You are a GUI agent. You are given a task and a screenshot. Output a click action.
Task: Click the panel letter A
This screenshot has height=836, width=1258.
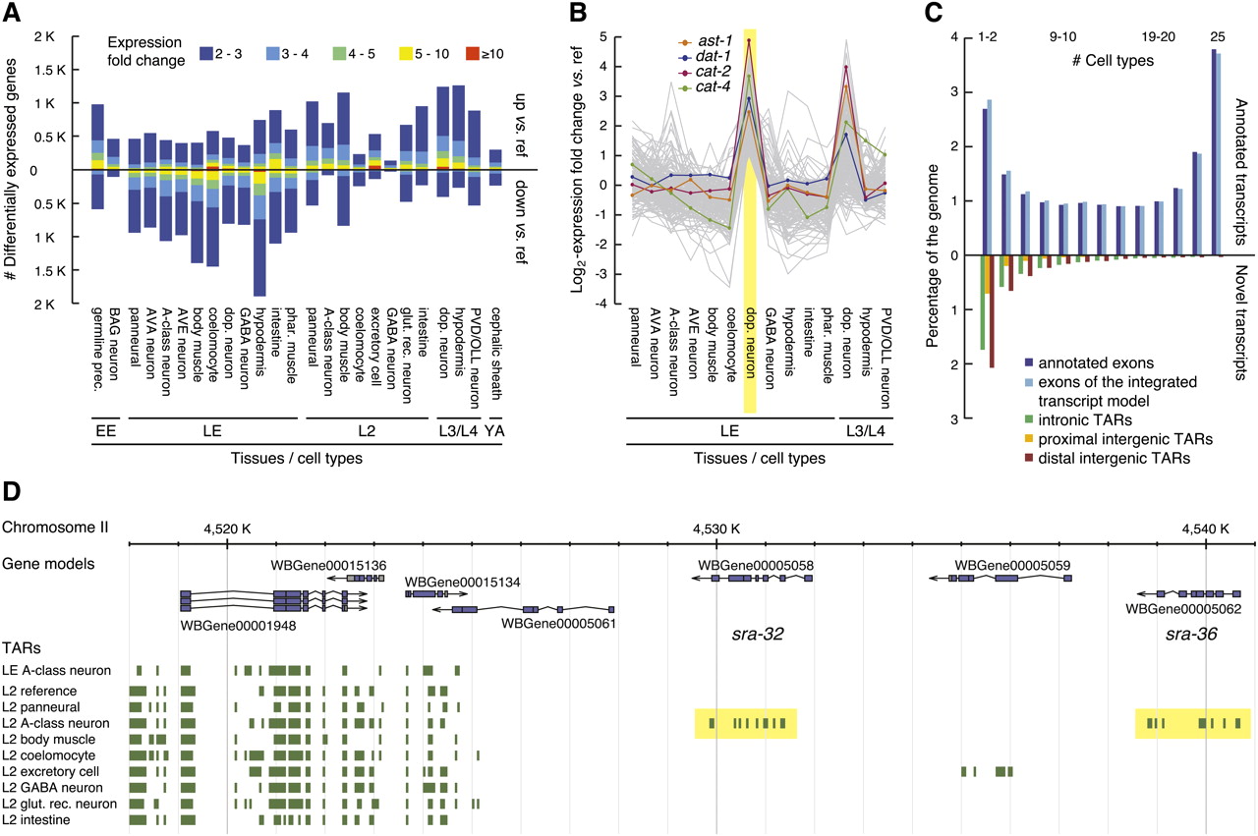pos(14,16)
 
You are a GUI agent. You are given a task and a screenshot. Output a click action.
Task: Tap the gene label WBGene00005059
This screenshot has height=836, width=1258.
pos(1012,566)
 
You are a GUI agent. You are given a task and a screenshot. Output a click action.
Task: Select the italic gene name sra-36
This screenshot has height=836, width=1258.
pos(1191,634)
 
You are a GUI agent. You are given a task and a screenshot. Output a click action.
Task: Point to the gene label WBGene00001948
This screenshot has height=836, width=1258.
pos(239,624)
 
